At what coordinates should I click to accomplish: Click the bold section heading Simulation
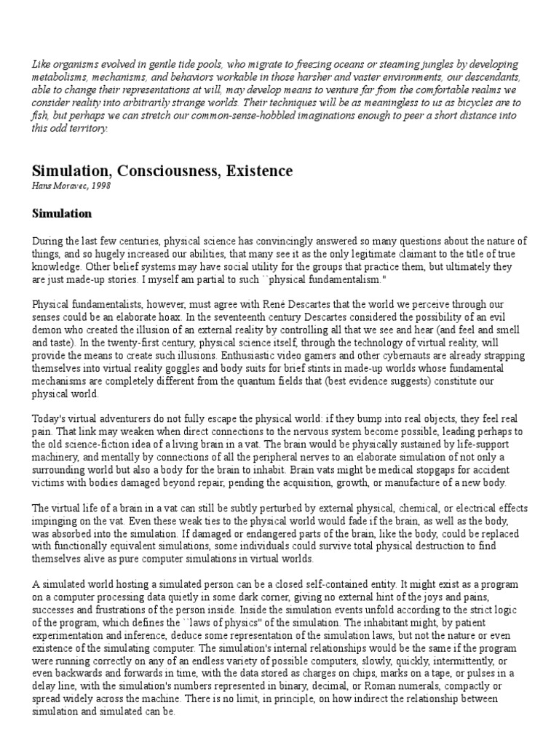pyautogui.click(x=62, y=214)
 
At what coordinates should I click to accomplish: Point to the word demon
pyautogui.click(x=48, y=330)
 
